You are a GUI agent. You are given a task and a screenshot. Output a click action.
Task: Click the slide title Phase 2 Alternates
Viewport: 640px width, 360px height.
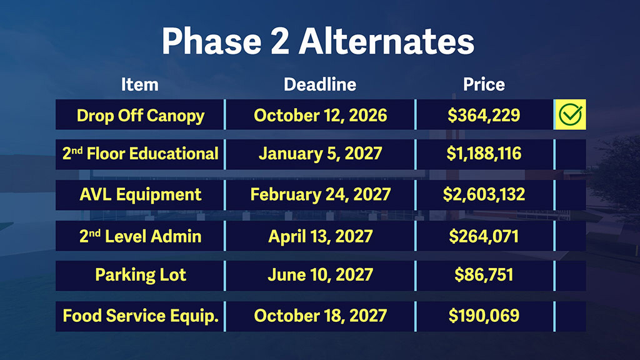point(318,41)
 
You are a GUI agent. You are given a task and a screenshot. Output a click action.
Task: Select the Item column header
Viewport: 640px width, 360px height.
point(139,84)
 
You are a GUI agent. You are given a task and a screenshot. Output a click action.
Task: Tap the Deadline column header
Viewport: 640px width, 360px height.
point(320,84)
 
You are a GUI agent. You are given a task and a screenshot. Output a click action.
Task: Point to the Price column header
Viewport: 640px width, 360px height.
point(484,84)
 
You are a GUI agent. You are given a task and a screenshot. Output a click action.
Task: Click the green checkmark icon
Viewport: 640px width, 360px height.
point(570,114)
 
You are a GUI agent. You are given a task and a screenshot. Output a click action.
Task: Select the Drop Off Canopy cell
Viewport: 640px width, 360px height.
point(141,116)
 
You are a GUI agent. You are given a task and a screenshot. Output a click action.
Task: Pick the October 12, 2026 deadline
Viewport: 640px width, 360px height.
point(321,116)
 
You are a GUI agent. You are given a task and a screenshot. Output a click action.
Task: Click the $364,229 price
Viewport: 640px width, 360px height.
point(484,116)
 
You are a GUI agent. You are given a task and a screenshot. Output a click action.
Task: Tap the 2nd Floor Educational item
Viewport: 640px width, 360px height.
point(141,154)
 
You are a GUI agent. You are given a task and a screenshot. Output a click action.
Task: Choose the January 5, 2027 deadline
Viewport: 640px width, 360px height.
point(321,154)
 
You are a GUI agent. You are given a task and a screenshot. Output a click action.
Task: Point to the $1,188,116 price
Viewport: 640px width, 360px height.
point(484,154)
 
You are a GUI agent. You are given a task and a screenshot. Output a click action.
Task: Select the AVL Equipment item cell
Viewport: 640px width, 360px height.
point(141,195)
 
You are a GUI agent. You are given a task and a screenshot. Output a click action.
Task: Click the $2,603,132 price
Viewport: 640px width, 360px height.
point(484,195)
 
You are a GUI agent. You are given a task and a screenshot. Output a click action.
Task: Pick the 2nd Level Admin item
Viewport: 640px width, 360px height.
point(141,236)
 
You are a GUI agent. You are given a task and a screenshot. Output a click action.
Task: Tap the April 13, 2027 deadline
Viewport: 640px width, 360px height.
point(321,236)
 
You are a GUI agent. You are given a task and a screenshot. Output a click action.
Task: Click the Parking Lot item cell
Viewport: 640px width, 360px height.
point(141,275)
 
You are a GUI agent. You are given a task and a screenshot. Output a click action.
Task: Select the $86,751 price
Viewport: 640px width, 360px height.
point(484,275)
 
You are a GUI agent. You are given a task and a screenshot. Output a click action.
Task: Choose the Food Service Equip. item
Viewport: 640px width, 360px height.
point(141,316)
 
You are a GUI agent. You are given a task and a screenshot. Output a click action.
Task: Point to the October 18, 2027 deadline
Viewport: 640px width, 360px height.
point(321,316)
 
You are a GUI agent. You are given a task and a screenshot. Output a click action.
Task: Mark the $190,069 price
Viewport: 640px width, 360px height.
point(484,316)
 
